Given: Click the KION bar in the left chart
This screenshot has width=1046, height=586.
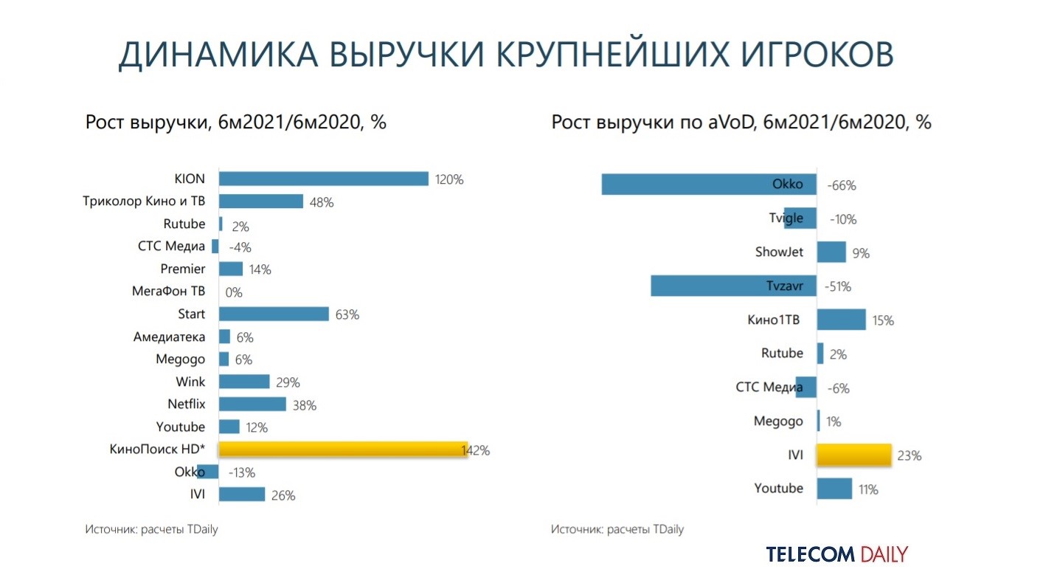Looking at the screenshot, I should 324,179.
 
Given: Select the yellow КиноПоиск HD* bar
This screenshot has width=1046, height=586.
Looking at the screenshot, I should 343,449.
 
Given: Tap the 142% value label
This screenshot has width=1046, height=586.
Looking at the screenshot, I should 476,450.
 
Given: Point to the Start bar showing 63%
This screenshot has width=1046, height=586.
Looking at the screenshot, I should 274,314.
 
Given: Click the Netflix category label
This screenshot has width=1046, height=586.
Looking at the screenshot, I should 186,404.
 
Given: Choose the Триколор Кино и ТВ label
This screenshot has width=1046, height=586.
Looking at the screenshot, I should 144,201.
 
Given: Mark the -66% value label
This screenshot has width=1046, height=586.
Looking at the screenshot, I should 841,185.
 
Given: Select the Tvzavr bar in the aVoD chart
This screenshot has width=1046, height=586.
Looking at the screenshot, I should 733,286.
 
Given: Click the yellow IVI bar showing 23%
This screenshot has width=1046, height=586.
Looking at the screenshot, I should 854,455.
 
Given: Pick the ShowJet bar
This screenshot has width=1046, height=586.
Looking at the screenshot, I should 831,252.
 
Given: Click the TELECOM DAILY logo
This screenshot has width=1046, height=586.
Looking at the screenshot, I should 837,554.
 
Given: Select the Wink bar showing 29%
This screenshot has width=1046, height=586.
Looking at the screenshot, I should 244,382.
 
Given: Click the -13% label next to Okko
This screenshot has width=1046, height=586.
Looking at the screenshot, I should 241,473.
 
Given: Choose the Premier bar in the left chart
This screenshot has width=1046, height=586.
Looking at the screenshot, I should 231,269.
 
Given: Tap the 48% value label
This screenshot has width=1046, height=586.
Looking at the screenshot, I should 322,202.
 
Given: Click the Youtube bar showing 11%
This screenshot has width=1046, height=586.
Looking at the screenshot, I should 834,489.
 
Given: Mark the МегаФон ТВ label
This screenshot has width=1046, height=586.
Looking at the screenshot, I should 168,292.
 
